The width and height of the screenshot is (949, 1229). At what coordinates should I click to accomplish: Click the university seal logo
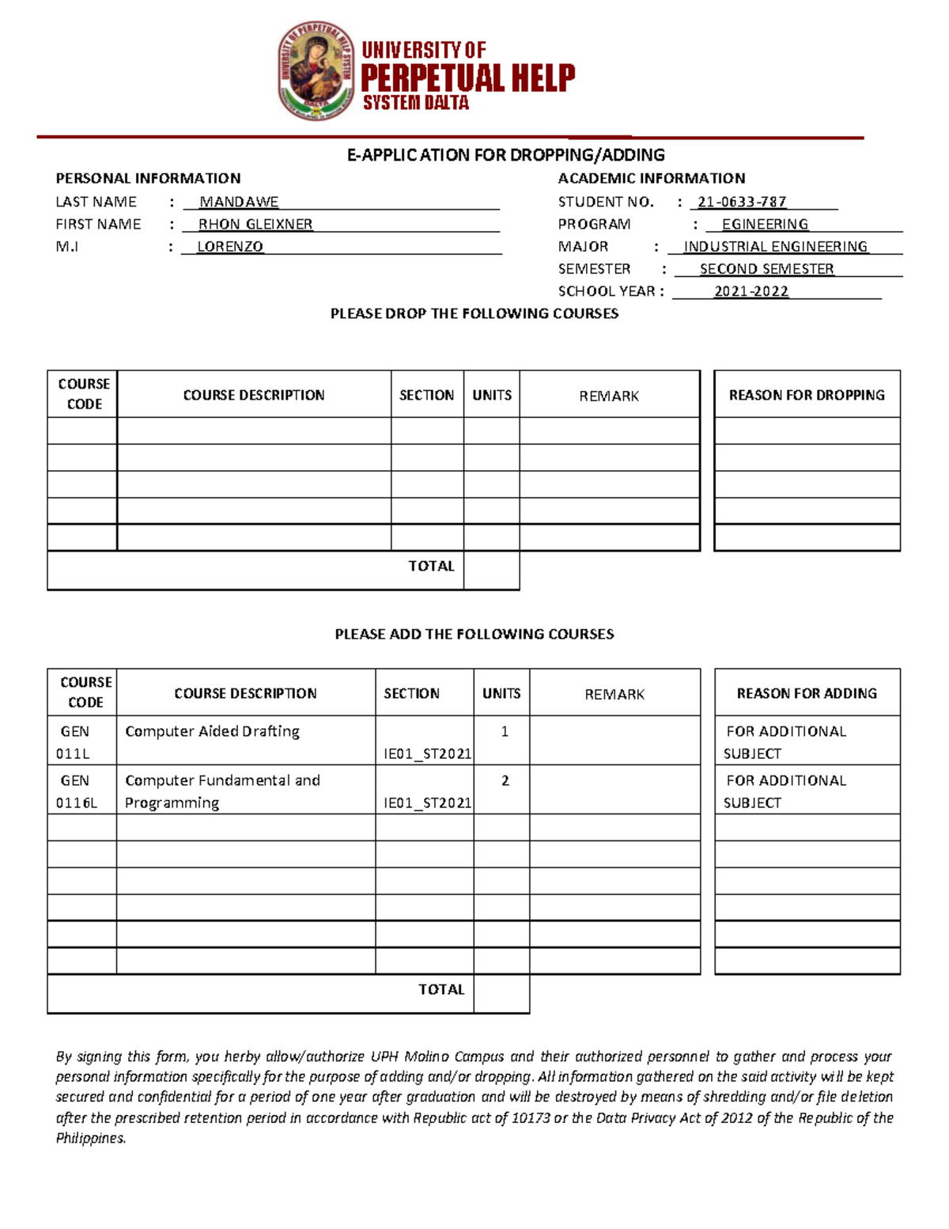[316, 71]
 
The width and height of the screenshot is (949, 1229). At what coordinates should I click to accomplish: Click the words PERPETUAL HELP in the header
[467, 78]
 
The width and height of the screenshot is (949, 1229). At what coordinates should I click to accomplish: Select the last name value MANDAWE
[239, 203]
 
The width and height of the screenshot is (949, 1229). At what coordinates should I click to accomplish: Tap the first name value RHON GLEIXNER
[255, 225]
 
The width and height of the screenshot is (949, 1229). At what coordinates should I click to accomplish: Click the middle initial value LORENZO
[229, 247]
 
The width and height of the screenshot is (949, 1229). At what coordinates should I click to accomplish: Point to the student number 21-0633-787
[742, 203]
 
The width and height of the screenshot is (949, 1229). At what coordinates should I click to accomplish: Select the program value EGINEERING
[765, 225]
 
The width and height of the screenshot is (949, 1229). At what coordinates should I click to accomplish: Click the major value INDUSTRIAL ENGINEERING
[775, 247]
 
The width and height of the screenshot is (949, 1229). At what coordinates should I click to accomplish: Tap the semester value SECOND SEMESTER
[766, 269]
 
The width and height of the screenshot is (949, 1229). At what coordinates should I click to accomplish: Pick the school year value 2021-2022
[751, 291]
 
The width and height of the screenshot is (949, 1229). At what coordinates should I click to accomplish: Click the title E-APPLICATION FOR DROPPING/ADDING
[505, 155]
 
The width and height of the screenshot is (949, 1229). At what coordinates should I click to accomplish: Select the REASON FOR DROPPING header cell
[807, 395]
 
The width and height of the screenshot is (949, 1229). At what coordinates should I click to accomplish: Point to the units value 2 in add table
[505, 781]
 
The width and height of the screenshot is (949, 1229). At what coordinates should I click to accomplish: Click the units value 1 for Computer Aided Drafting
[505, 732]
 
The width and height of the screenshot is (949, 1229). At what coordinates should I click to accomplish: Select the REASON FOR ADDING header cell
[807, 693]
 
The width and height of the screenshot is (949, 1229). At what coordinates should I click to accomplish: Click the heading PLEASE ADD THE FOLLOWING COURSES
[474, 635]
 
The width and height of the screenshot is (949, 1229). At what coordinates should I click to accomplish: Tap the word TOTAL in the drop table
[431, 567]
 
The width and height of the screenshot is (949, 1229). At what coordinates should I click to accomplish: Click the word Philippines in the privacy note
[90, 1139]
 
